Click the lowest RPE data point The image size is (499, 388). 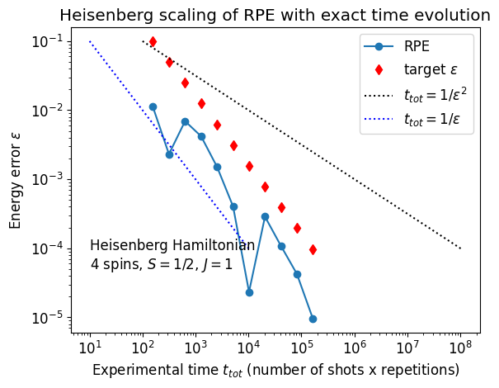tap(313, 319)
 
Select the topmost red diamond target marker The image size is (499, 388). tap(153, 41)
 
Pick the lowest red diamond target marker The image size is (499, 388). tap(313, 249)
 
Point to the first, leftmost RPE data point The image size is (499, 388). tap(153, 106)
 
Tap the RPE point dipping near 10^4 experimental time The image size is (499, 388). tap(249, 292)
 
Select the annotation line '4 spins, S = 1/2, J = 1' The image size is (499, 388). tap(161, 265)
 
